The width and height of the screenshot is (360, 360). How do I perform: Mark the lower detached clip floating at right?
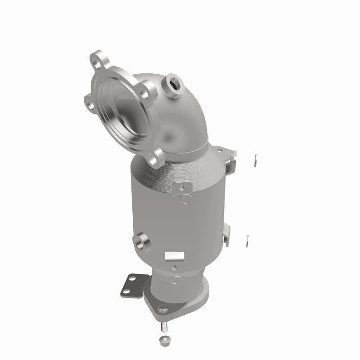point(247,241)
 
